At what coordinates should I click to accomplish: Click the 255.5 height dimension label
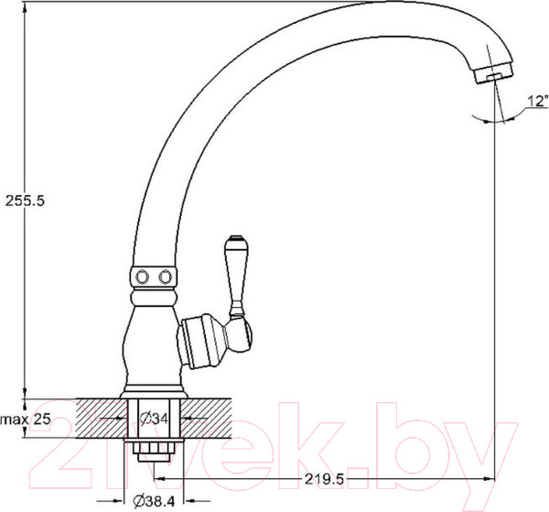[25, 201]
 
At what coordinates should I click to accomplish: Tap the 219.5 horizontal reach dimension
[324, 479]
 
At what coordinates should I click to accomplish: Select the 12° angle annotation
[537, 101]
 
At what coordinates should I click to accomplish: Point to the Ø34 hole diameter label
[154, 418]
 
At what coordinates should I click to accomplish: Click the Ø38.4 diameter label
[154, 502]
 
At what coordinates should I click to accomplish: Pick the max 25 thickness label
[26, 419]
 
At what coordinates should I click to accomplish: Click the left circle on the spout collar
[142, 277]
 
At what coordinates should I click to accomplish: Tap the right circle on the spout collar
[166, 277]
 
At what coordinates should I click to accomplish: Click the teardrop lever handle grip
[237, 273]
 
